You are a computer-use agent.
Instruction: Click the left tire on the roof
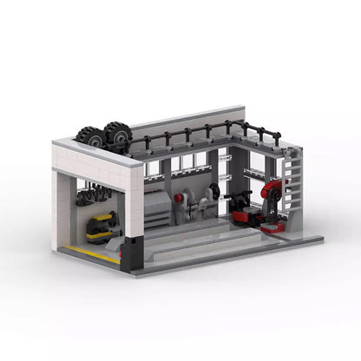(89, 136)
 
